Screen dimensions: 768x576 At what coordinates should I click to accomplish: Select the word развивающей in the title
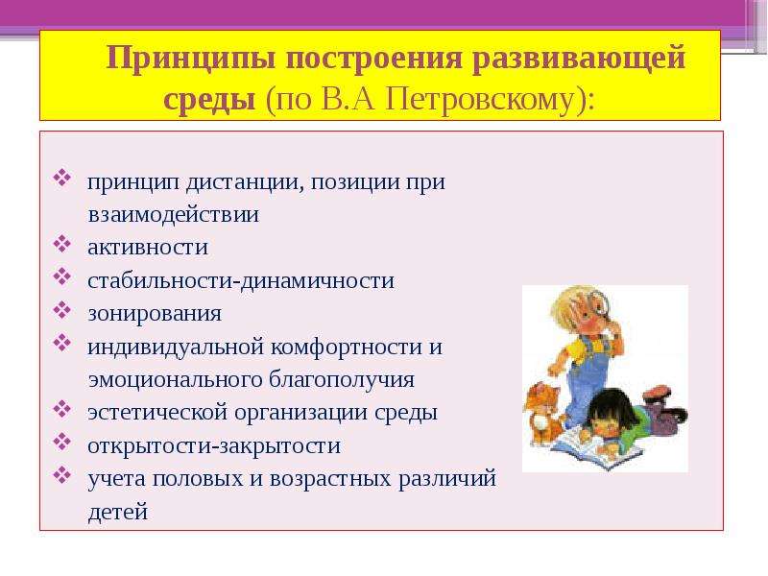click(578, 59)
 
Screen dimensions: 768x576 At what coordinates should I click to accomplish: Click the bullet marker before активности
click(62, 244)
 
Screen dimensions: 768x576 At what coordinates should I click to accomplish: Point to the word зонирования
click(155, 314)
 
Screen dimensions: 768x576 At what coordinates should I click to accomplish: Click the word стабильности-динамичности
click(241, 280)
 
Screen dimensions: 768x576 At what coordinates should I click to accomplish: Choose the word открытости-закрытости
click(214, 445)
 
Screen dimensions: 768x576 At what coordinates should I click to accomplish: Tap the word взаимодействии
click(174, 214)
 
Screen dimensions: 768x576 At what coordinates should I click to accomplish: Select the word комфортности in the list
click(347, 348)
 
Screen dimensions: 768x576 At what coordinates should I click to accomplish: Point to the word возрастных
click(330, 478)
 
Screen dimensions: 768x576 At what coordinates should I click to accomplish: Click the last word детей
click(118, 512)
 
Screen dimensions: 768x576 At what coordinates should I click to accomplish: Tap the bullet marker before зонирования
click(62, 309)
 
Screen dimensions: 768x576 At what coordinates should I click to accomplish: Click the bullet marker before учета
click(62, 474)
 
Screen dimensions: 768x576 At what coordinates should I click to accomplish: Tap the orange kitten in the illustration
click(542, 413)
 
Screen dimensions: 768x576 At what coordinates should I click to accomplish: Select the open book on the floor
click(595, 446)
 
